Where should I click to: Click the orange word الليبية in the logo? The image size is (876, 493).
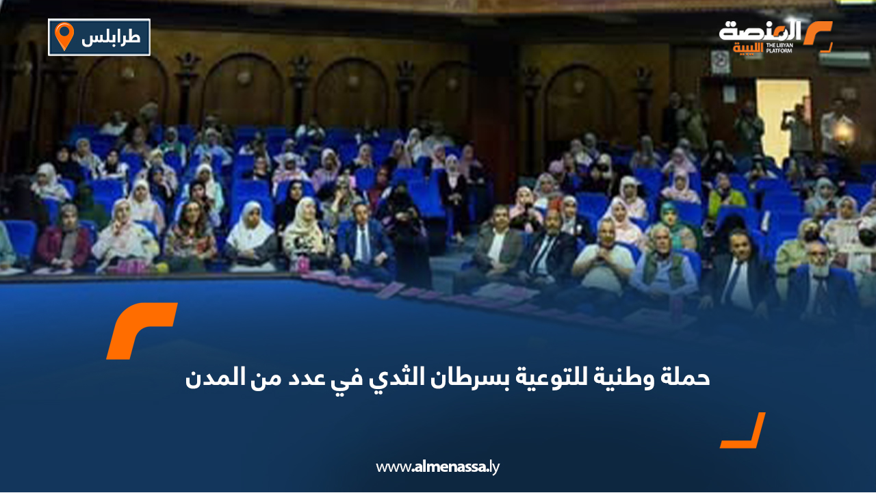click(748, 48)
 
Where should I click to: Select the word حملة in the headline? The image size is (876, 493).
click(687, 377)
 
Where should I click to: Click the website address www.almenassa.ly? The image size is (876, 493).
click(438, 467)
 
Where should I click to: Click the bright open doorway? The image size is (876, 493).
click(782, 113)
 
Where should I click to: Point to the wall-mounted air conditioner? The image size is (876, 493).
click(843, 59)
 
